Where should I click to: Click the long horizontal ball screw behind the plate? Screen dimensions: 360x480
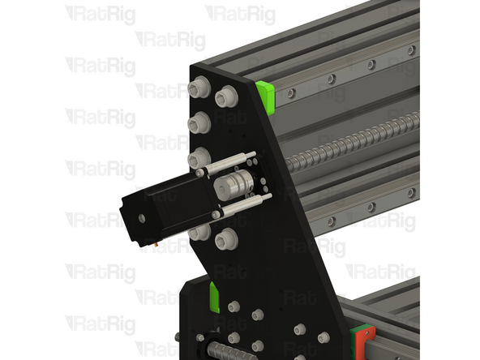pyautogui.click(x=357, y=142)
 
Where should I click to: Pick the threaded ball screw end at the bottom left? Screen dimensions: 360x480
pyautogui.click(x=222, y=351)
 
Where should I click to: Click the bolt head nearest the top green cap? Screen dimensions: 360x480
pyautogui.click(x=225, y=96)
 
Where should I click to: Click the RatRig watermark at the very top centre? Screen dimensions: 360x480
pyautogui.click(x=240, y=14)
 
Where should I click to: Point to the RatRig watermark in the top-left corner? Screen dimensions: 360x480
pyautogui.click(x=100, y=14)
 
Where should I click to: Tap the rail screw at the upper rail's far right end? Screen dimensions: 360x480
pyautogui.click(x=411, y=50)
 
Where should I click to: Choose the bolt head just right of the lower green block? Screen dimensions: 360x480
pyautogui.click(x=235, y=306)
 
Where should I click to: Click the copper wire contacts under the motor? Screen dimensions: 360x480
pyautogui.click(x=154, y=241)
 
